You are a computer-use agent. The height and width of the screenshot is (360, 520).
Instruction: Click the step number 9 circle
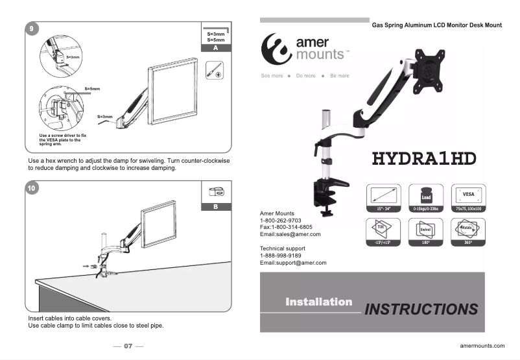31,28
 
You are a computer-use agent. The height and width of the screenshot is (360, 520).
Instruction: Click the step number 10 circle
31,189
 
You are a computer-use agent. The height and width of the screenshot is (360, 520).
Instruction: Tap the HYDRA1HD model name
424,158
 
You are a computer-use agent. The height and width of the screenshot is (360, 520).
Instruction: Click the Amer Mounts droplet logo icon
274,47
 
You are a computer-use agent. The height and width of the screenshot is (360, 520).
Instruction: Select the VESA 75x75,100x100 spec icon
467,195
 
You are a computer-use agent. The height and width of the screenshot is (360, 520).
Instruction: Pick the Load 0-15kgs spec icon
426,195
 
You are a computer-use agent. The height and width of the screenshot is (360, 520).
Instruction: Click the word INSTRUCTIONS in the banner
421,309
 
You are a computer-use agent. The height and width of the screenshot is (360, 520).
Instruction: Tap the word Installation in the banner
318,302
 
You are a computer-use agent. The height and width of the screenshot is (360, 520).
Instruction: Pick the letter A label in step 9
215,49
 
